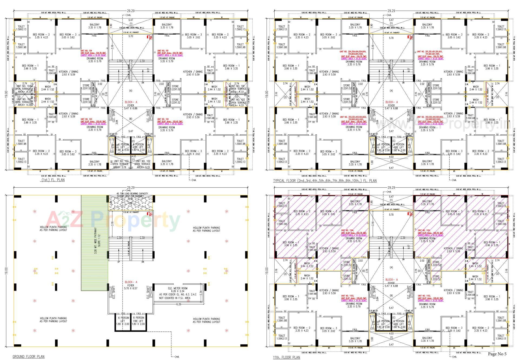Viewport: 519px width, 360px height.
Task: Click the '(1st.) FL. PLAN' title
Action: pos(53,180)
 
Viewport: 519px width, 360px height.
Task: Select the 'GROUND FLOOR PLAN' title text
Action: pos(28,356)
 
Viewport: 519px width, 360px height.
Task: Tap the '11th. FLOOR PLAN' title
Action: pos(286,357)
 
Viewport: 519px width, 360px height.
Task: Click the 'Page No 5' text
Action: pos(497,354)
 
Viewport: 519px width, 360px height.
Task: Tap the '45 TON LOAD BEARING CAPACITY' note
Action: pos(132,194)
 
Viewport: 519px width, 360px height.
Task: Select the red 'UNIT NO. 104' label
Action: pos(86,51)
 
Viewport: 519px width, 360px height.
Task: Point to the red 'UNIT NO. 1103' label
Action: pos(347,296)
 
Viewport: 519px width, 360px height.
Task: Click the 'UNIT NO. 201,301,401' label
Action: pos(430,51)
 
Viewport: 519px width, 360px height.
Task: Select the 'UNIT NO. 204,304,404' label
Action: pos(353,51)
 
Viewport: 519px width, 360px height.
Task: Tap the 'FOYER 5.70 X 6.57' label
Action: pos(131,287)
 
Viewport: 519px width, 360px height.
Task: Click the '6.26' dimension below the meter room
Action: pos(179,304)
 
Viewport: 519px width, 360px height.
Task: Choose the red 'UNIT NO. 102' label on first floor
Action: pos(163,119)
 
